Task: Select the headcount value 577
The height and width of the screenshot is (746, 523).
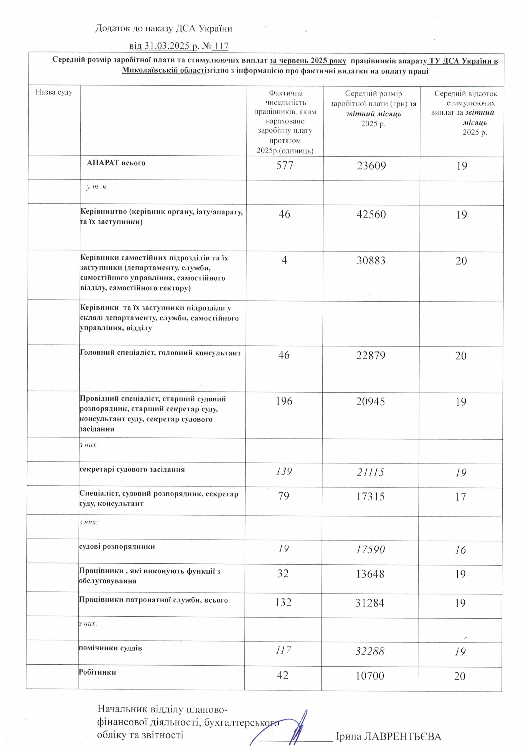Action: tap(285, 166)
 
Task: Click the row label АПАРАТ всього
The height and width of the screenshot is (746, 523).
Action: tap(116, 163)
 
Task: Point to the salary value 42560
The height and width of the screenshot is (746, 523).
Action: tap(371, 215)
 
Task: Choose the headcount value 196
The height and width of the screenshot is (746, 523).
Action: tap(284, 401)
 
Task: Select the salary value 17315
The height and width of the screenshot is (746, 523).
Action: tap(370, 497)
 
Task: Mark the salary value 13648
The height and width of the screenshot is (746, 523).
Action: tap(370, 574)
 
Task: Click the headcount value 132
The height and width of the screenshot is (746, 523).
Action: tap(283, 603)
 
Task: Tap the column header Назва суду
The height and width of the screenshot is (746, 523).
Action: tap(54, 92)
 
